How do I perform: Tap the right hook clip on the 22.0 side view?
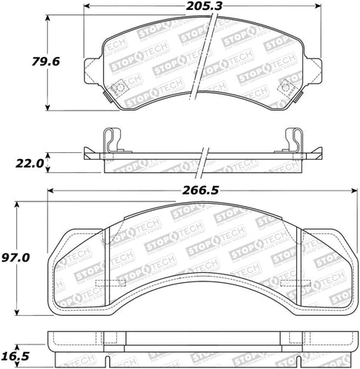[294, 139]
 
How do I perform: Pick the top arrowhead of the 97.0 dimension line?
[15, 204]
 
